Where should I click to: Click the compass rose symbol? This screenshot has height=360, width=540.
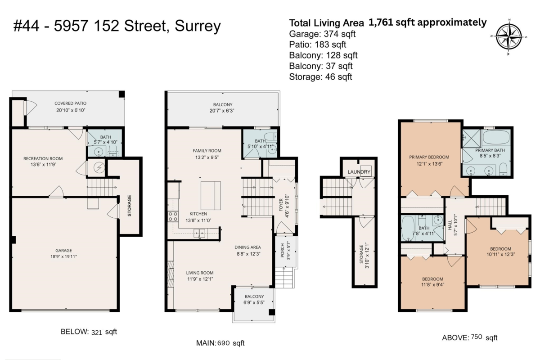tap(508, 36)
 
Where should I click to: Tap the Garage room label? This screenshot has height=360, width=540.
tap(63, 251)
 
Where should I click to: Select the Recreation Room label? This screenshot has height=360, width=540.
tap(43, 158)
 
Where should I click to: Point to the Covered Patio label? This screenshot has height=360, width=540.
tap(70, 103)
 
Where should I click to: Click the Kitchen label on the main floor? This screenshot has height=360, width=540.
tap(198, 214)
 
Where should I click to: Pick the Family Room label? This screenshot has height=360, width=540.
tap(207, 151)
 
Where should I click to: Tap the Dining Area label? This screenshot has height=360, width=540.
tap(247, 247)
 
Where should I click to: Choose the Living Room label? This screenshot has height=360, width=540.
tap(200, 273)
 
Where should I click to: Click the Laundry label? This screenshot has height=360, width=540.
tap(359, 172)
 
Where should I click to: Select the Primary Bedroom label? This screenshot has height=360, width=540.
tap(429, 157)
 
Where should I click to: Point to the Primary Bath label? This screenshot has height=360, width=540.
tap(490, 150)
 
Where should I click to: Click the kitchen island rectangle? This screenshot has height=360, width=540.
tap(211, 196)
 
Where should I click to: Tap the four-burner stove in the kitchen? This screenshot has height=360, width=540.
tap(173, 216)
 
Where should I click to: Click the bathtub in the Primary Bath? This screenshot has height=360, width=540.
tap(496, 137)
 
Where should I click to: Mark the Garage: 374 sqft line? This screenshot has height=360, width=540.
tap(322, 34)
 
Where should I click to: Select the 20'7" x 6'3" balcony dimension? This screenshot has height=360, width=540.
tap(222, 111)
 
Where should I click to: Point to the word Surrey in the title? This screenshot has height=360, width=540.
tap(198, 26)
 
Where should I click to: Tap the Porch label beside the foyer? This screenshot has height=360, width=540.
tap(282, 250)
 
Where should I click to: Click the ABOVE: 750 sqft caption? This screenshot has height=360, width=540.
tap(470, 337)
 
